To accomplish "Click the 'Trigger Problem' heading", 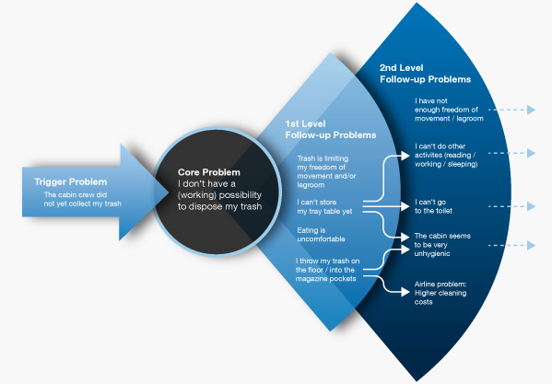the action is pyautogui.click(x=70, y=181).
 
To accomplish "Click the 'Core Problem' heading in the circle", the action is pyautogui.click(x=209, y=172).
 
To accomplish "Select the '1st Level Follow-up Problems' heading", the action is pyautogui.click(x=331, y=130).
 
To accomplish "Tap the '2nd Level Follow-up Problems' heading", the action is pyautogui.click(x=425, y=74).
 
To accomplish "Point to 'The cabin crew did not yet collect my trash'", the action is pyautogui.click(x=82, y=199).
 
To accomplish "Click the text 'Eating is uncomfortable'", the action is pyautogui.click(x=321, y=235).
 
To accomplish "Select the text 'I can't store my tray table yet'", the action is pyautogui.click(x=324, y=207).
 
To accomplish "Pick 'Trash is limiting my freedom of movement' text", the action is pyautogui.click(x=326, y=171).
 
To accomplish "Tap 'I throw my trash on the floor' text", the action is pyautogui.click(x=327, y=270).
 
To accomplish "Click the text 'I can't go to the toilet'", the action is pyautogui.click(x=433, y=206).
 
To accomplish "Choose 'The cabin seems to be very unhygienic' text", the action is pyautogui.click(x=442, y=245).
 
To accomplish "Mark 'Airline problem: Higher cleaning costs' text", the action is pyautogui.click(x=440, y=293).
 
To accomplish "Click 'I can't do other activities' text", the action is pyautogui.click(x=446, y=155).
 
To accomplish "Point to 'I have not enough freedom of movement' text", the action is pyautogui.click(x=449, y=110).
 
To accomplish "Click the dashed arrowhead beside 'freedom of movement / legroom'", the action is pyautogui.click(x=531, y=110).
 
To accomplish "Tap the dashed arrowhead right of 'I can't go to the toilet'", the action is pyautogui.click(x=531, y=206).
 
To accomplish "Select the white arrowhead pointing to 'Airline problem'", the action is pyautogui.click(x=405, y=292).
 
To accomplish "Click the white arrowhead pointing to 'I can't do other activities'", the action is pyautogui.click(x=405, y=155).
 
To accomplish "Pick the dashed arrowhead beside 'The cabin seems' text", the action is pyautogui.click(x=531, y=245).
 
